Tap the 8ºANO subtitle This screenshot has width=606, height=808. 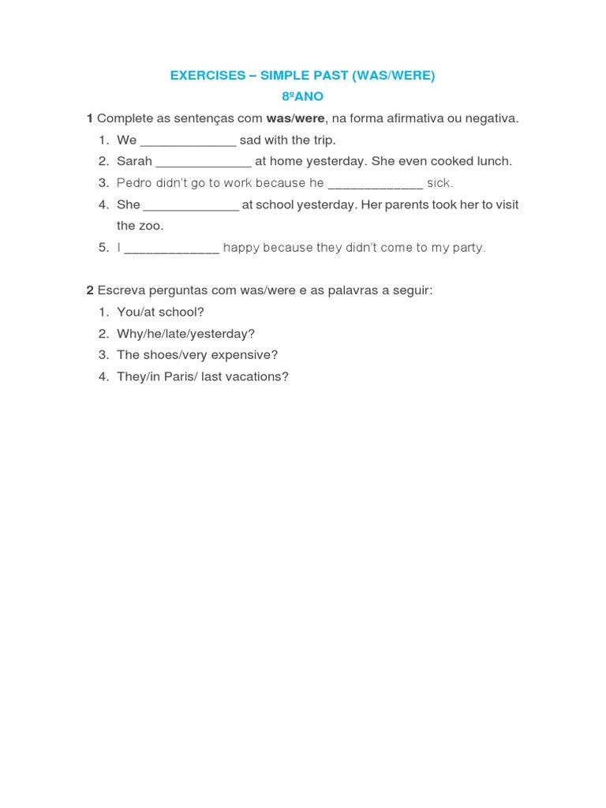(x=302, y=97)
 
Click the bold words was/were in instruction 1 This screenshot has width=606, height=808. (x=295, y=118)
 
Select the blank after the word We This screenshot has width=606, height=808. (x=188, y=140)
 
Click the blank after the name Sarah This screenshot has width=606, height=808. (x=204, y=162)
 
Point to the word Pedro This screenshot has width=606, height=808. (x=133, y=183)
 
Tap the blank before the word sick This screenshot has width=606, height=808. (x=375, y=184)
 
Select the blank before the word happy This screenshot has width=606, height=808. (x=172, y=248)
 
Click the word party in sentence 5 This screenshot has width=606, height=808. (x=469, y=248)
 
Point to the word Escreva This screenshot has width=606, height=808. (x=120, y=290)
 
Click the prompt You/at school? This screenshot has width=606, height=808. (x=160, y=312)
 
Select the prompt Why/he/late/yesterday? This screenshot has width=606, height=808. (x=185, y=334)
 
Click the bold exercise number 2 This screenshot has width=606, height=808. (x=89, y=290)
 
